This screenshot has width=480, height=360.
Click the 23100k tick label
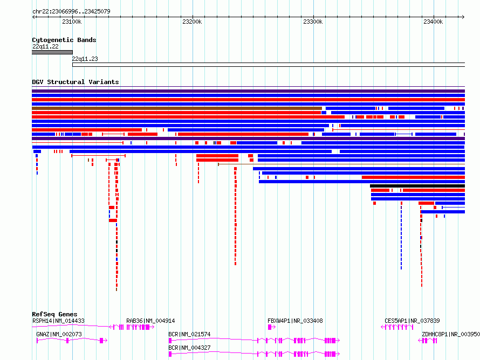(72, 22)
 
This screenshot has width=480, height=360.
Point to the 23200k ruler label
(192, 22)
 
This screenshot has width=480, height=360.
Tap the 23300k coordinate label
(313, 22)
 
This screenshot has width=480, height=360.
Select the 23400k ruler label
(433, 22)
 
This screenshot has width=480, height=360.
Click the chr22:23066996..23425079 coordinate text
(71, 11)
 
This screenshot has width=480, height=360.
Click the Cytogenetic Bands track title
(64, 40)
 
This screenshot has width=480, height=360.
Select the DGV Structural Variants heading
(76, 82)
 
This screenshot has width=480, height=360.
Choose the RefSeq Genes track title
(54, 314)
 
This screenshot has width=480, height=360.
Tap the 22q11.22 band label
(45, 46)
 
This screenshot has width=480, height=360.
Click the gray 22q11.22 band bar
(52, 52)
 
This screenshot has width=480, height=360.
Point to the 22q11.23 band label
(85, 59)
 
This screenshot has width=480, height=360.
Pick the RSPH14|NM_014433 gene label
(58, 321)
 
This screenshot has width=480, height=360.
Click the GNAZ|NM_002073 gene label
(59, 334)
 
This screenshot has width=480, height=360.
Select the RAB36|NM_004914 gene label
(150, 321)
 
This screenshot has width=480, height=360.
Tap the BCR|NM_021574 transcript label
(189, 334)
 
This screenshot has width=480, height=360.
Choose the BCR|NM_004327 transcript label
(189, 348)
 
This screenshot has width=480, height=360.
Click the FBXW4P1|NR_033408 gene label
(295, 321)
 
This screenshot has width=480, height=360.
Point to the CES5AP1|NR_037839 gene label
(412, 321)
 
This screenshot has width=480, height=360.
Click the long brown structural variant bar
(177, 108)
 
